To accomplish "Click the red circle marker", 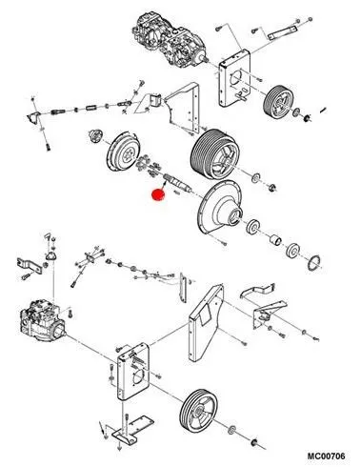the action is [158, 194].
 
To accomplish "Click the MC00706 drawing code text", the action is [326, 456].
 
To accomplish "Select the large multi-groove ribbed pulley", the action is [215, 152].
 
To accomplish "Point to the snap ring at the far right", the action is [313, 263].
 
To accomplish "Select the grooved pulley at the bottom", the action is [199, 409].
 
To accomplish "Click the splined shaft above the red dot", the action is [177, 183].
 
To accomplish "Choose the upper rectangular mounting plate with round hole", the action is [234, 78].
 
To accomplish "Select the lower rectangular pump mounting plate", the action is [132, 371].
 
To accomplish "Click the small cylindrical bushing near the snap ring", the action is [275, 240].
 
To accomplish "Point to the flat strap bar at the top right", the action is [283, 32].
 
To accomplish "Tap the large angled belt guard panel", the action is [207, 323].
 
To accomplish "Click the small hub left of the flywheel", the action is [94, 136].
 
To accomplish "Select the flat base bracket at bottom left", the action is [132, 429].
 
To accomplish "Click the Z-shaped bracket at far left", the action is [30, 266].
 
